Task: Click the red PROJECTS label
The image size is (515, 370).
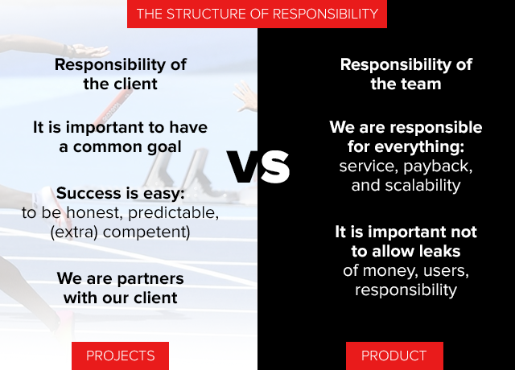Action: (x=120, y=356)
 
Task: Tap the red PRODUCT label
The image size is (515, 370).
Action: (x=394, y=356)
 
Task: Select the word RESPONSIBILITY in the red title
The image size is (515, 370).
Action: (x=325, y=14)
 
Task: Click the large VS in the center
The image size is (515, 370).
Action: (x=258, y=167)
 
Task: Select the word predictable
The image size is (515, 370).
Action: (x=174, y=213)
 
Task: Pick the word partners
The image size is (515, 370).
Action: (x=150, y=279)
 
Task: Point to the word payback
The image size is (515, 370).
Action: (x=438, y=166)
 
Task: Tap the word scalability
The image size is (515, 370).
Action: (x=422, y=186)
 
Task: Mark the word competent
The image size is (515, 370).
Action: (x=146, y=232)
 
